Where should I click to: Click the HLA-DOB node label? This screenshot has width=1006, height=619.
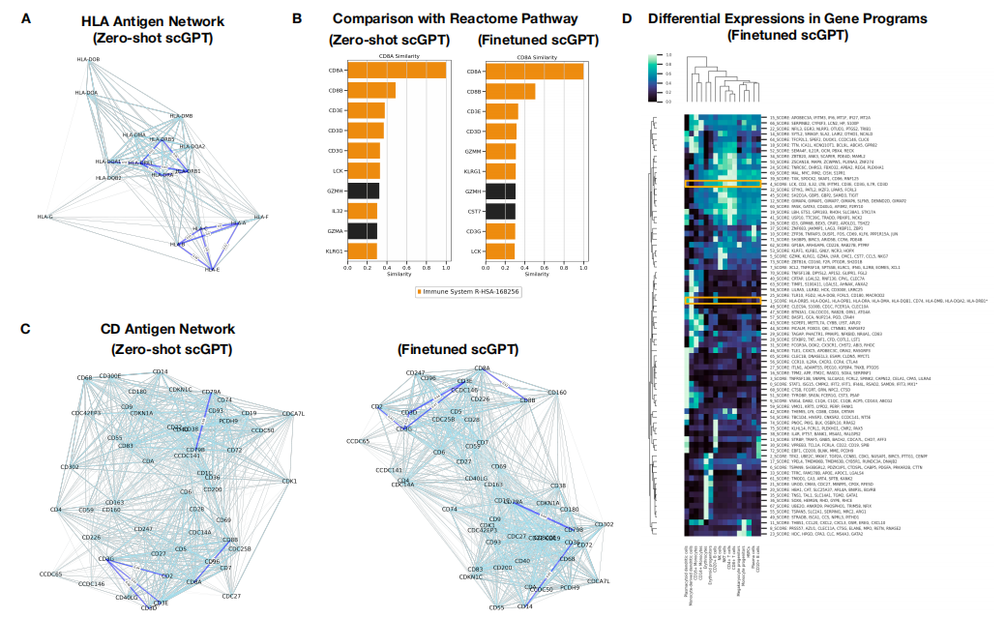[88, 59]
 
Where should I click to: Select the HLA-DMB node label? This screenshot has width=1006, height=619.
[181, 115]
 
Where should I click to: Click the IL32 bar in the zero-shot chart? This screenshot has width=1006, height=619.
[363, 211]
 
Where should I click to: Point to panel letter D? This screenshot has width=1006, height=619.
[628, 18]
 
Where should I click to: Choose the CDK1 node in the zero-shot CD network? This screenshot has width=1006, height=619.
[289, 481]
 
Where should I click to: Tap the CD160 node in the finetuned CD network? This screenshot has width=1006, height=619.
[557, 393]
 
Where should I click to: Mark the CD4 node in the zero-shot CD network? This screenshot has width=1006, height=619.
[55, 509]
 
